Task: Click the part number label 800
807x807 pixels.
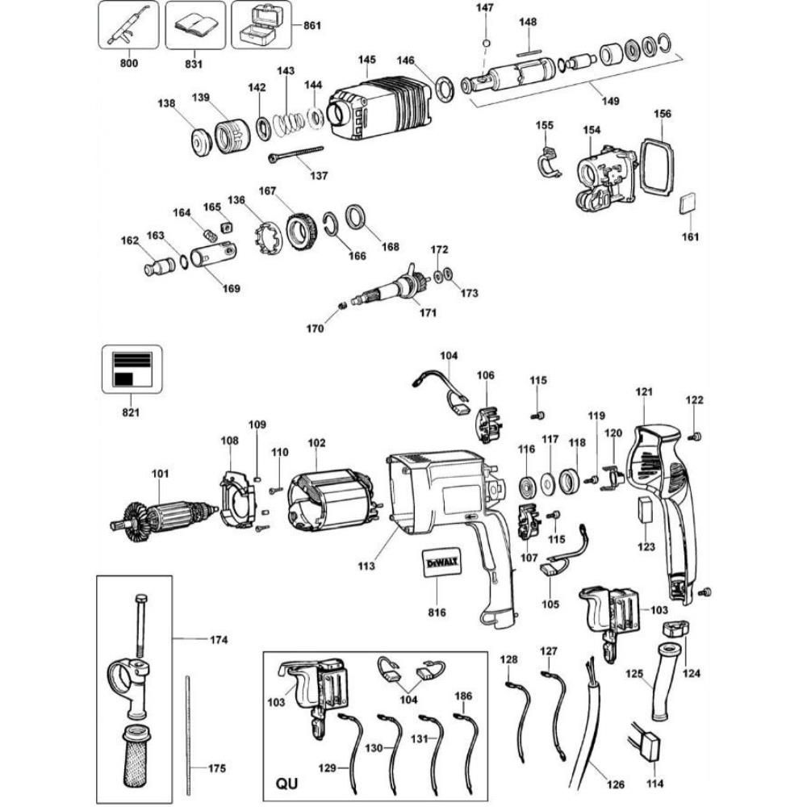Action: coord(130,61)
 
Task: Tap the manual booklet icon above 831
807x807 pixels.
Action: coord(194,26)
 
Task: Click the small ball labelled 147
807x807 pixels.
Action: coord(487,42)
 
